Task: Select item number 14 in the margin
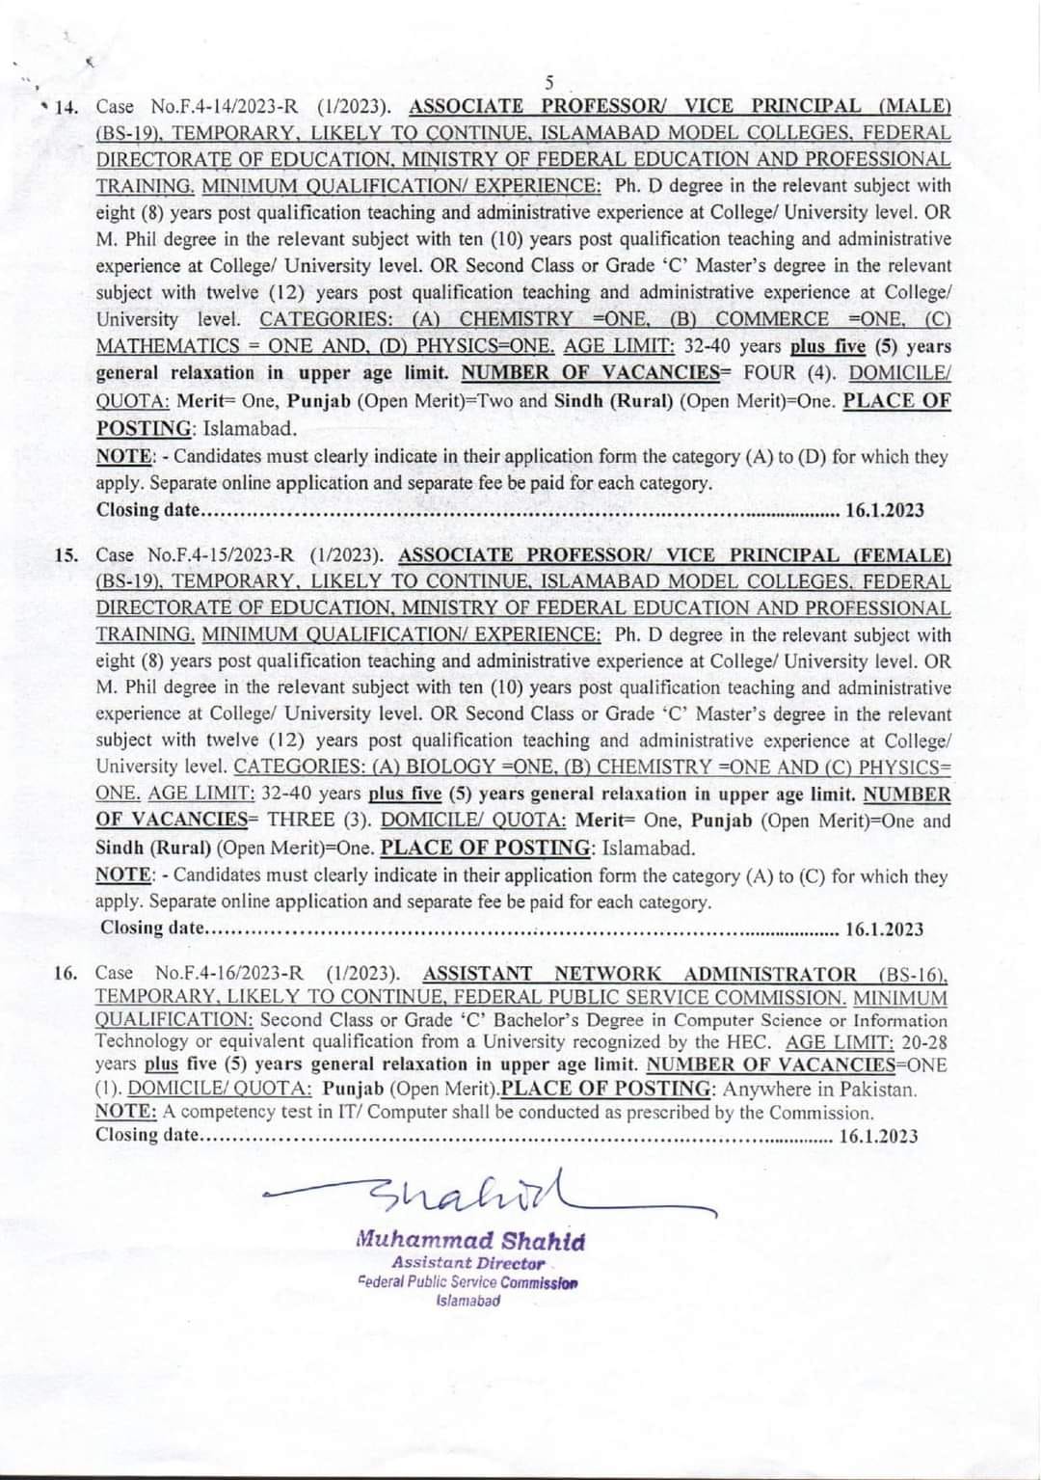pos(65,107)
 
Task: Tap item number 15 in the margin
pos(67,556)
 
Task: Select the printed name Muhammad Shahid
pos(470,1241)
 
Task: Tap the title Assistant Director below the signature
pos(468,1262)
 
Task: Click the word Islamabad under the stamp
pos(468,1300)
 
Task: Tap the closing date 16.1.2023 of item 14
pos(884,510)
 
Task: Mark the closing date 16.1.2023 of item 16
pos(879,1136)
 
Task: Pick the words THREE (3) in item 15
pos(318,821)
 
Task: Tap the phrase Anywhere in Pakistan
pos(818,1090)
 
